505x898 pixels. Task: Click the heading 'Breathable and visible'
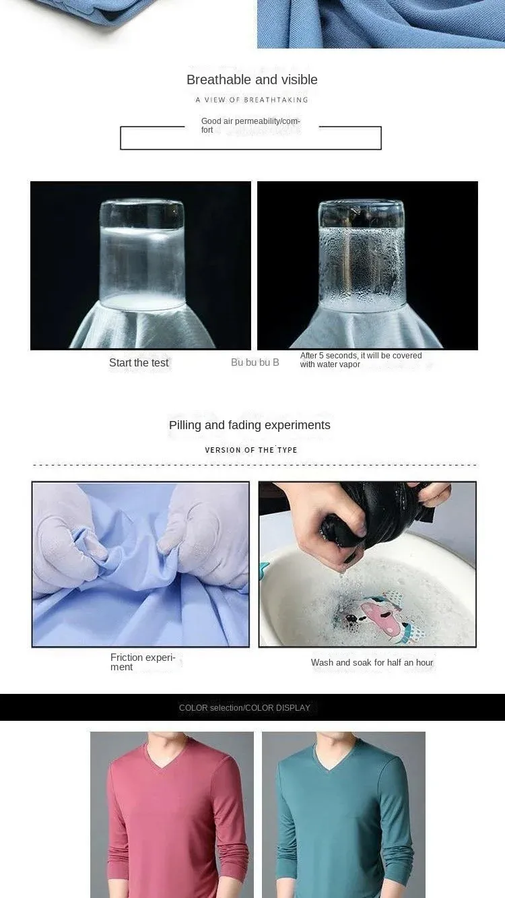coord(252,79)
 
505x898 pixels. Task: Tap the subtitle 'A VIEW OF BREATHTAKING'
coord(252,100)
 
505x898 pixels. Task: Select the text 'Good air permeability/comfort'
coord(250,125)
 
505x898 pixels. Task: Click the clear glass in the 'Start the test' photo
coord(142,255)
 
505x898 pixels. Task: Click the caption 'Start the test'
coord(139,363)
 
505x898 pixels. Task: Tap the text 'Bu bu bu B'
coord(255,362)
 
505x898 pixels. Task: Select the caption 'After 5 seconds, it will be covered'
coord(361,356)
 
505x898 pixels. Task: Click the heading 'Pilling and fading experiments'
coord(250,425)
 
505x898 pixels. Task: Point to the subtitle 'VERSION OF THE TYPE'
coord(251,450)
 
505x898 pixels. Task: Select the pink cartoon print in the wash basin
coord(378,615)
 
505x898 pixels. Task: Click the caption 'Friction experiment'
coord(143,662)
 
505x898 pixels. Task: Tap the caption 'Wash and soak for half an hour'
coord(372,663)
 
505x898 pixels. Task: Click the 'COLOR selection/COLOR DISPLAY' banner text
coord(244,708)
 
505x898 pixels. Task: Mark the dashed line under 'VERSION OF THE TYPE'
coord(255,465)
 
